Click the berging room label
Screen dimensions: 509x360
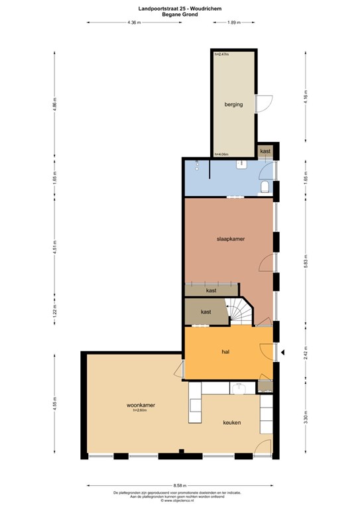(233, 104)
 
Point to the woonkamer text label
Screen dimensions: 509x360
(141, 404)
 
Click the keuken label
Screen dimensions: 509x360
(231, 422)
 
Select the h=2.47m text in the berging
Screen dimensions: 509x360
(221, 54)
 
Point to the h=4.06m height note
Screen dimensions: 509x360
(221, 154)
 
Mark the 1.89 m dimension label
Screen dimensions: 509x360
(233, 23)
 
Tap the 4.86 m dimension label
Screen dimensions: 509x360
(56, 106)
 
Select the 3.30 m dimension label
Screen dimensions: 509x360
(306, 418)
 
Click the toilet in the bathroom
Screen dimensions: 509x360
(265, 188)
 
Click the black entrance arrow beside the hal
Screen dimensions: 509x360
(282, 353)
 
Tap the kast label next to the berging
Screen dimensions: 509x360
(265, 152)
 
